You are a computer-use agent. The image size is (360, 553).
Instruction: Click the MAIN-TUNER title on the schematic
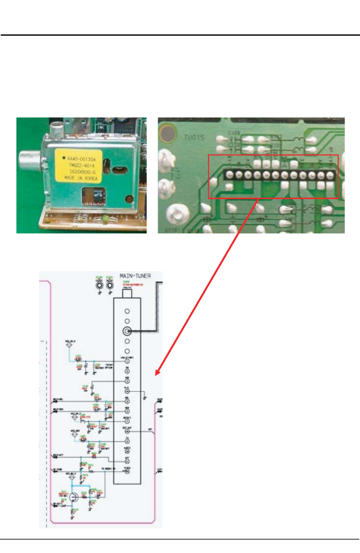pyautogui.click(x=135, y=276)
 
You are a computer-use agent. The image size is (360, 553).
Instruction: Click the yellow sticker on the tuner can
pyautogui.click(x=78, y=166)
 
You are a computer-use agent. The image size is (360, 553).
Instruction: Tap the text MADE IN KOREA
pyautogui.click(x=81, y=178)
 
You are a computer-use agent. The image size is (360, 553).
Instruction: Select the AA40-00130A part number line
pyautogui.click(x=81, y=159)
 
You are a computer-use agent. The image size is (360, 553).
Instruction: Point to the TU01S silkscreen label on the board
pyautogui.click(x=194, y=138)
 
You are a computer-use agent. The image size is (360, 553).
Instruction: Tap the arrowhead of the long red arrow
pyautogui.click(x=157, y=373)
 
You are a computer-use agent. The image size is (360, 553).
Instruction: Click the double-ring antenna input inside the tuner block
pyautogui.click(x=127, y=331)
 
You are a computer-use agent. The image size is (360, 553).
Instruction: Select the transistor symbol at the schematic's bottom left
pyautogui.click(x=73, y=497)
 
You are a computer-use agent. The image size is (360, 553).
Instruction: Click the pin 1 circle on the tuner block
pyautogui.click(x=127, y=361)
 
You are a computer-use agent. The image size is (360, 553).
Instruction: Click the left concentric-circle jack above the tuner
pyautogui.click(x=100, y=286)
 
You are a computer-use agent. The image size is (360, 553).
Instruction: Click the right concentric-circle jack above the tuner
pyautogui.click(x=110, y=286)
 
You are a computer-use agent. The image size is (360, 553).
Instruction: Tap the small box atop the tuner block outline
pyautogui.click(x=127, y=293)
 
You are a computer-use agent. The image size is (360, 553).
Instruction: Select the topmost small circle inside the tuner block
pyautogui.click(x=127, y=311)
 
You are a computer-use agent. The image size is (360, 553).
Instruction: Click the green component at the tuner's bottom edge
pyautogui.click(x=105, y=220)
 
